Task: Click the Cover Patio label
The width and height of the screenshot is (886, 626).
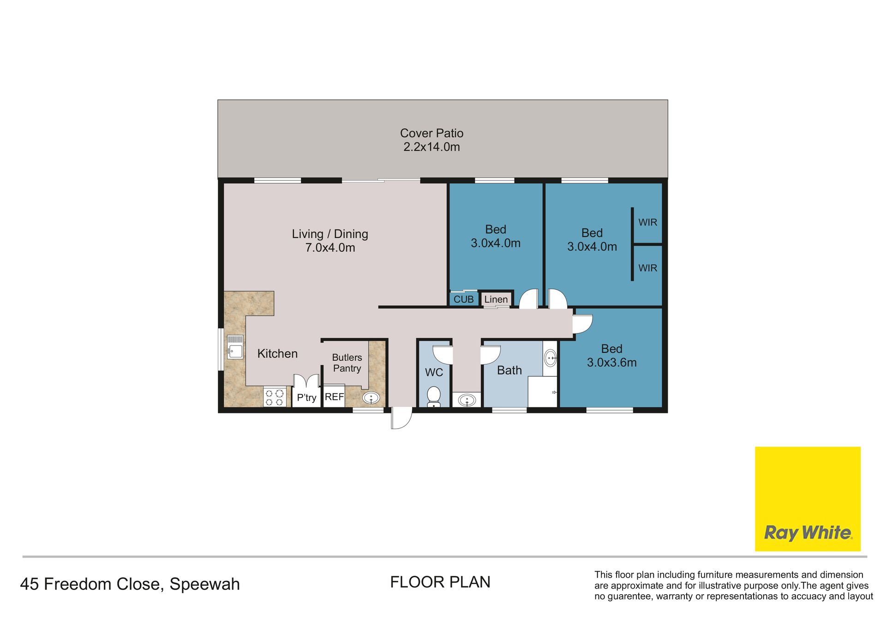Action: click(431, 140)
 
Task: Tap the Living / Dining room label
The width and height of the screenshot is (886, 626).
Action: click(330, 240)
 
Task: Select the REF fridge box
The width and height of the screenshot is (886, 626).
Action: click(334, 396)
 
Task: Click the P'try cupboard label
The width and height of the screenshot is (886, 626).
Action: click(306, 398)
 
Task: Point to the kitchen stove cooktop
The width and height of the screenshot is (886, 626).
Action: click(275, 398)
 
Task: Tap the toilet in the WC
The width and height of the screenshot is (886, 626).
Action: click(434, 397)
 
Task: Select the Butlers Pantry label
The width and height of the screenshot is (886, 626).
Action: click(347, 363)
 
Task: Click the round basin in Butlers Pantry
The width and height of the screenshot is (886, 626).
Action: click(371, 398)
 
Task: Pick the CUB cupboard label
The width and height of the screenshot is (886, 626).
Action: click(464, 299)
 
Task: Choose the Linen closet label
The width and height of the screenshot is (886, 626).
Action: click(496, 299)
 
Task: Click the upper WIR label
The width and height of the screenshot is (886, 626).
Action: click(648, 222)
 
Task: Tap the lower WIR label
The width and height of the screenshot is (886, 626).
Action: click(648, 268)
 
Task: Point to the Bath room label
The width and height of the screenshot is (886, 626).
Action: click(509, 370)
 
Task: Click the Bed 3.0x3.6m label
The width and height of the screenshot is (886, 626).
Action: click(612, 356)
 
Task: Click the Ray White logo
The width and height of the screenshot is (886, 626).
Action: click(808, 499)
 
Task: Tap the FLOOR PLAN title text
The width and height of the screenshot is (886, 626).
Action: click(440, 582)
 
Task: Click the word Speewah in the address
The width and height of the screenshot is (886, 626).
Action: click(205, 584)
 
